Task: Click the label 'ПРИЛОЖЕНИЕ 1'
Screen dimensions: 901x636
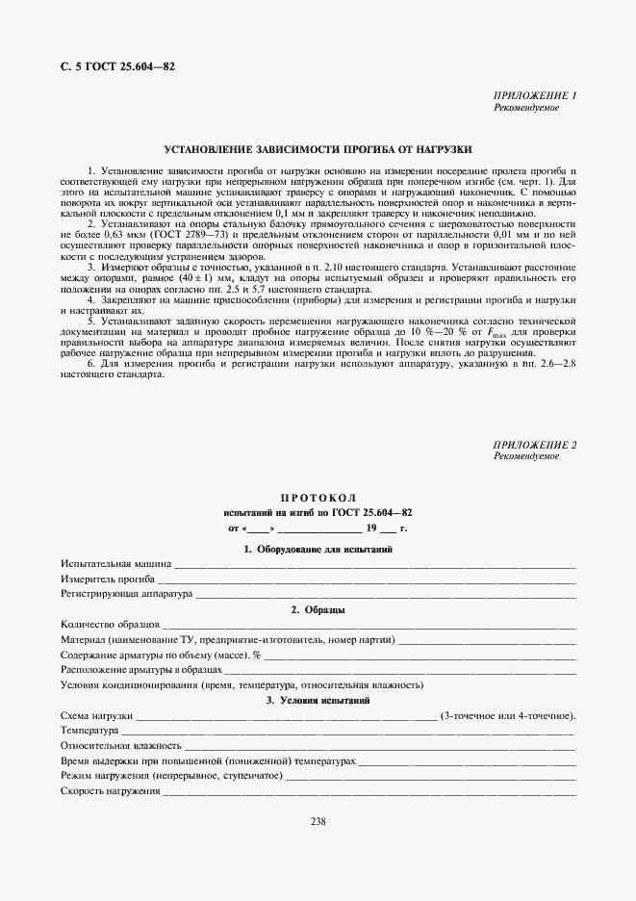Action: coord(534,96)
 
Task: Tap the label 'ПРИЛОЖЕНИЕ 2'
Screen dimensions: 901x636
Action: coord(534,445)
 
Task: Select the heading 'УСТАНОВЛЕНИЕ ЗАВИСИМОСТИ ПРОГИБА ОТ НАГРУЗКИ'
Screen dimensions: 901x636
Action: coord(318,150)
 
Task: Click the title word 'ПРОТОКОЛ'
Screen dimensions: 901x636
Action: coord(318,498)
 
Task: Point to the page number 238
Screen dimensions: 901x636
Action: coord(318,820)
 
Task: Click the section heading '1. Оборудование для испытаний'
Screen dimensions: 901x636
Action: coord(318,549)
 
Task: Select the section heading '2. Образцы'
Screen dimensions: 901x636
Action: coord(318,610)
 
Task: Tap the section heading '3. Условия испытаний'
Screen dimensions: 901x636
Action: coord(318,701)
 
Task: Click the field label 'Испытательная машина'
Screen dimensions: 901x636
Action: coord(115,564)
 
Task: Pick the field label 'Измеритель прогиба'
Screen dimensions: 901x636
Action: coord(108,579)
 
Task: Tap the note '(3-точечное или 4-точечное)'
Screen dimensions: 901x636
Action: coord(507,716)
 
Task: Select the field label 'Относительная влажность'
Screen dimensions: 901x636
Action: coord(120,745)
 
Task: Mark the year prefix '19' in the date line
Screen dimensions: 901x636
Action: coord(370,528)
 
